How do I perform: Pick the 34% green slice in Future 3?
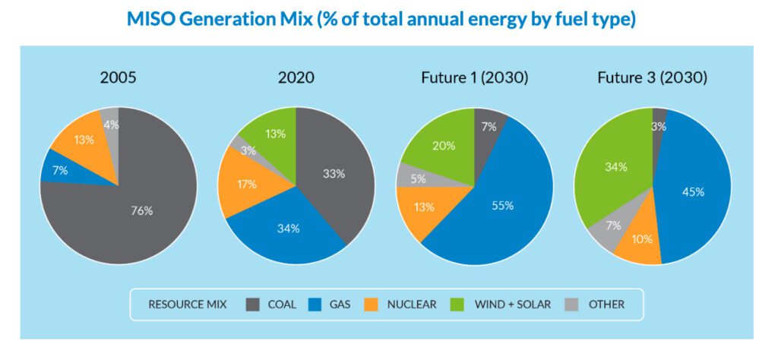coord(612,167)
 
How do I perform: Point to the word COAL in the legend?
coord(282,305)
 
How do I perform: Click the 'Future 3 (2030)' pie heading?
coord(652,78)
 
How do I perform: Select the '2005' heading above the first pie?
coord(119,78)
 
